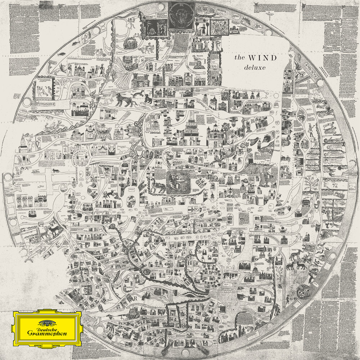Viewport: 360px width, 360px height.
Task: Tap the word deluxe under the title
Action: coord(251,67)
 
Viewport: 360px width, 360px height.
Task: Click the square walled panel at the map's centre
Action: coord(179,182)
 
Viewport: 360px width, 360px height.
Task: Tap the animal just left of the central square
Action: coord(157,186)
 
